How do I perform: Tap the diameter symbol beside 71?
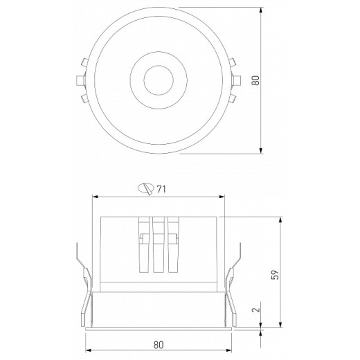coord(147,188)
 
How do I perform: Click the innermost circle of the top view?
coord(158,80)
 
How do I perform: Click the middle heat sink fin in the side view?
coord(159,246)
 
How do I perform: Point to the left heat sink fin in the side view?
coord(144,246)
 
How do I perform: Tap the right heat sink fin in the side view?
coord(173,246)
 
